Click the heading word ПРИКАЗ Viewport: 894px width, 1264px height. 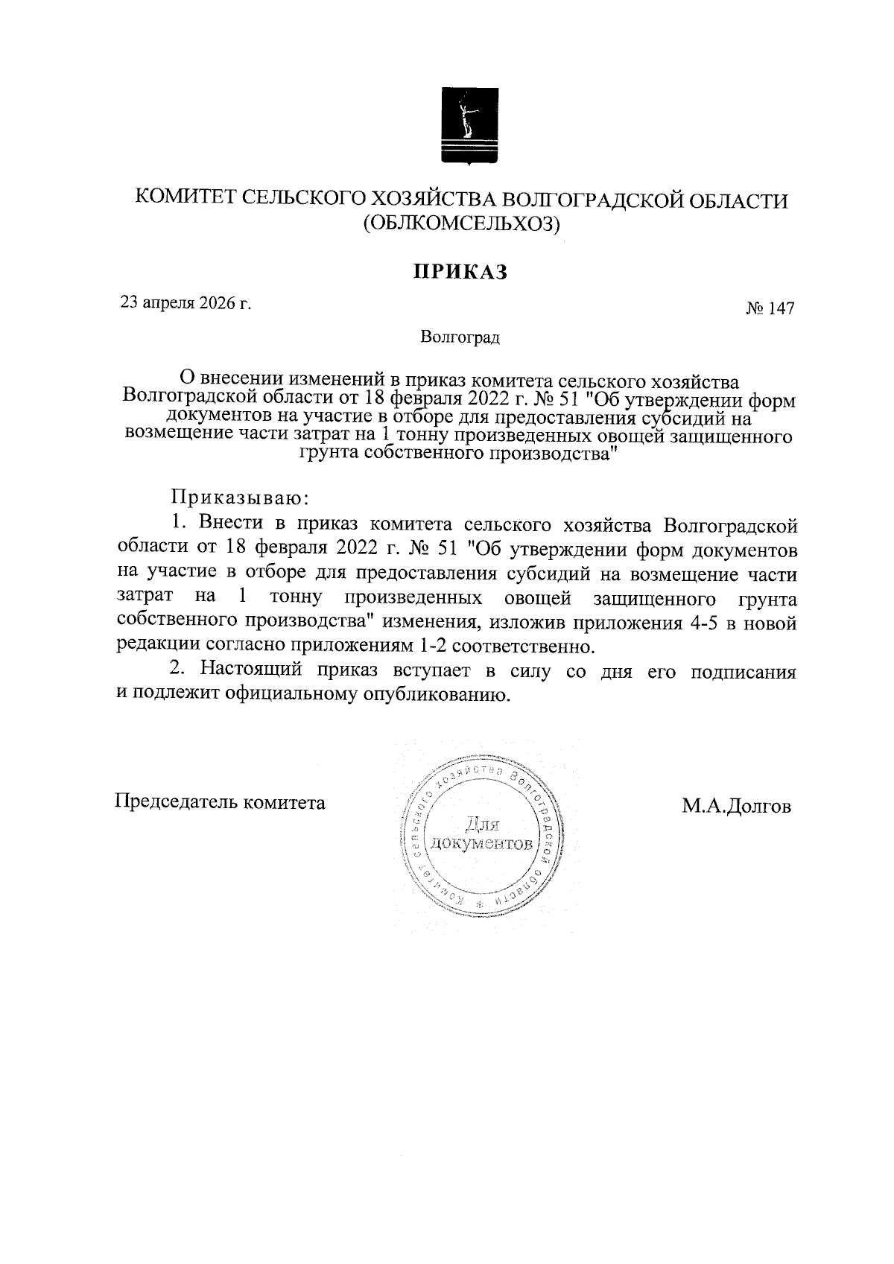coord(460,272)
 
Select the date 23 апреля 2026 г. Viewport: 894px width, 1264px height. coord(186,302)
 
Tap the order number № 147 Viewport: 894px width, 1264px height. coord(770,308)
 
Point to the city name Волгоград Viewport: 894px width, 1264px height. coord(460,337)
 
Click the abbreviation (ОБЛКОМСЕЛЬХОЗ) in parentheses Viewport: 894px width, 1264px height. coord(460,223)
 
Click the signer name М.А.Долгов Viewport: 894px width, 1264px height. coord(735,807)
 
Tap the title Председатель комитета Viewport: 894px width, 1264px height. coord(220,803)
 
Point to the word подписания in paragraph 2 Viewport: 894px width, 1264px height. coord(744,671)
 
